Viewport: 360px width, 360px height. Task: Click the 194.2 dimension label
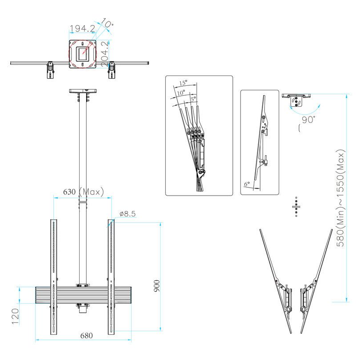[82, 28]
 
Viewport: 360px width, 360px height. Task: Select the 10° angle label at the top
[107, 22]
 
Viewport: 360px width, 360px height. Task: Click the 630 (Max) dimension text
[83, 192]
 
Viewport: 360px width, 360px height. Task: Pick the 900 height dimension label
[156, 285]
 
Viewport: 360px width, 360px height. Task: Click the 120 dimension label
[15, 316]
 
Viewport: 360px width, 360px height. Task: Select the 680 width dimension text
[86, 336]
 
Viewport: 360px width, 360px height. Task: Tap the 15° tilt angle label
[183, 83]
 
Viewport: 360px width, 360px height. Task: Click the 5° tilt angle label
[193, 98]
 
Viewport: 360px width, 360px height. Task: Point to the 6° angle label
[247, 183]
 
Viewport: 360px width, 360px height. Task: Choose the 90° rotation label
[308, 120]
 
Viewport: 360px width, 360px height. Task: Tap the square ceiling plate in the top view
[82, 54]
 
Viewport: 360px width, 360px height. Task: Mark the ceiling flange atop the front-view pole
[82, 91]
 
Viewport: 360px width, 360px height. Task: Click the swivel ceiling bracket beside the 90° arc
[296, 100]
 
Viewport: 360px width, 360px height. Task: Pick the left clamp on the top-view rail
[50, 70]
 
